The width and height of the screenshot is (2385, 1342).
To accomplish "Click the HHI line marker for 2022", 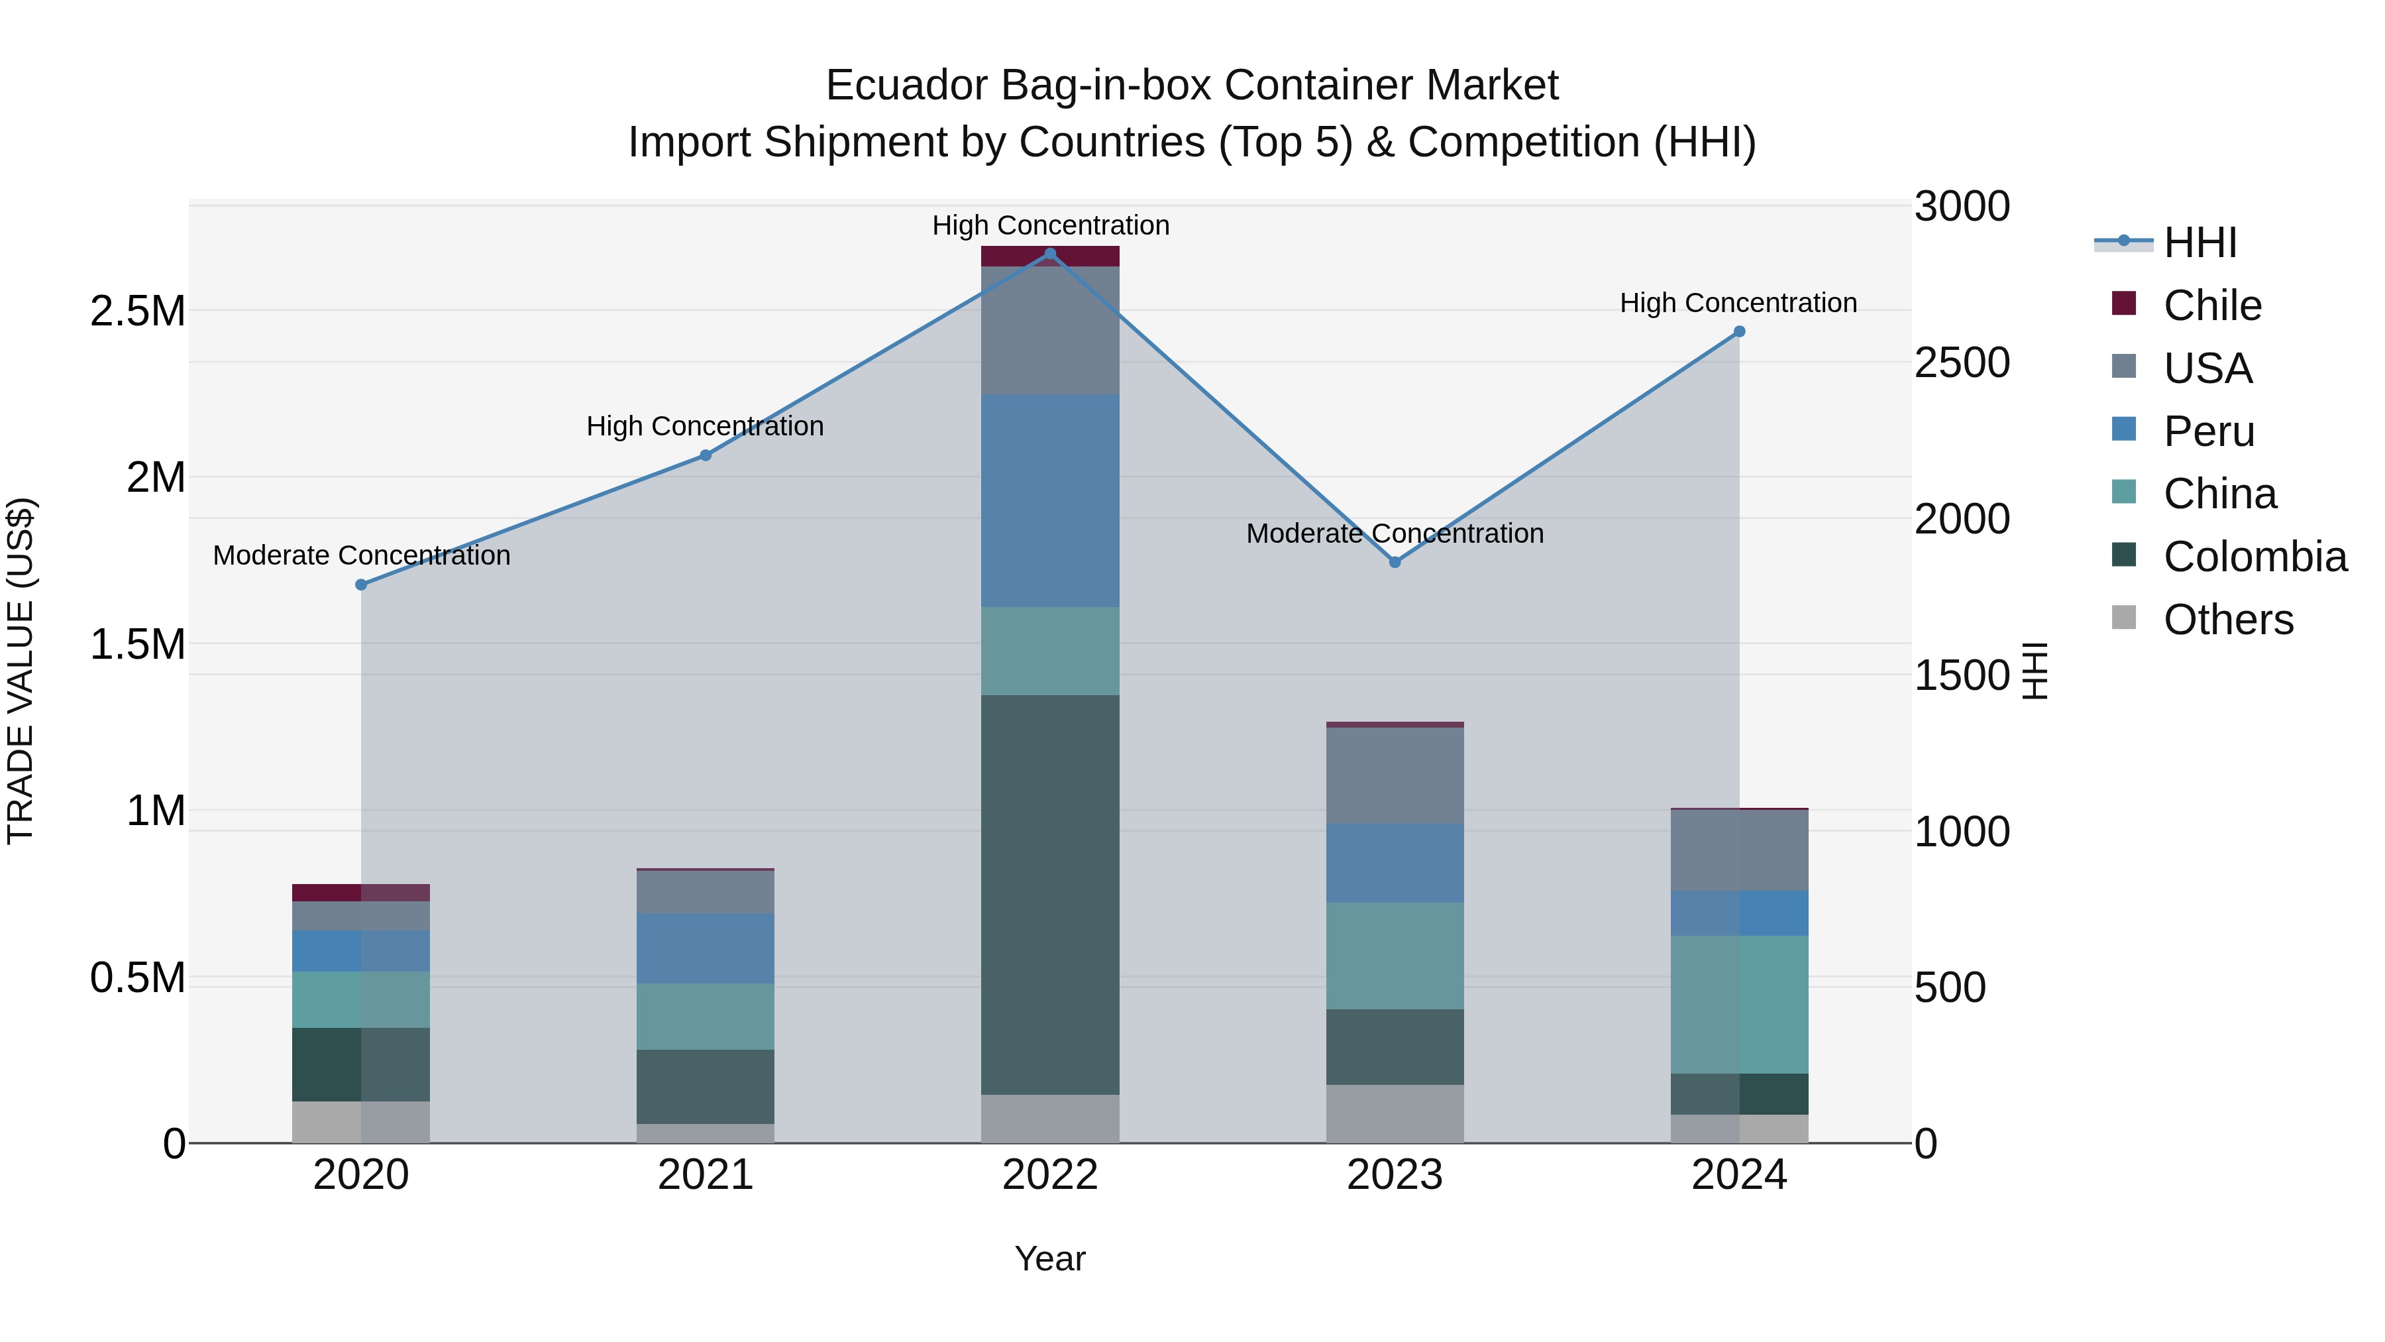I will coord(1050,254).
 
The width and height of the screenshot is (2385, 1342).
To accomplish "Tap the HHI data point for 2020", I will coord(361,585).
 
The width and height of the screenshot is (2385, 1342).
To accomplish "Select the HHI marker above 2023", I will coord(1395,562).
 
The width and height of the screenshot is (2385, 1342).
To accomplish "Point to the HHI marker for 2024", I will coord(1739,331).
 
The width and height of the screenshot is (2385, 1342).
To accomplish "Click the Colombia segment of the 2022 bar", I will coord(1050,894).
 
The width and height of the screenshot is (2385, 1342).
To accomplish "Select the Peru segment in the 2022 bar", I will coord(1050,500).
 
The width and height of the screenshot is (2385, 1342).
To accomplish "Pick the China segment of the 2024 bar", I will coord(1739,1004).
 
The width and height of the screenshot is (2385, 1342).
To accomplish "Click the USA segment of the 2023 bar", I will coord(1395,775).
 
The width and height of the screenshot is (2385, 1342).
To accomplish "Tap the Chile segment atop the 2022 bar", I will coord(1050,256).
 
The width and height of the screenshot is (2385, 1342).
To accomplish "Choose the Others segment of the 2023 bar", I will coord(1395,1113).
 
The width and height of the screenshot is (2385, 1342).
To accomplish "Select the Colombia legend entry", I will coord(2254,557).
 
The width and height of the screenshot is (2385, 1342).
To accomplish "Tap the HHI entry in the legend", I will coord(2199,243).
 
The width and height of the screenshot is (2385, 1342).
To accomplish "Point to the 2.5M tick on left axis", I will coord(138,311).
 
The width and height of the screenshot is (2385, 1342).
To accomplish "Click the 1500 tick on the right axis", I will coord(1961,675).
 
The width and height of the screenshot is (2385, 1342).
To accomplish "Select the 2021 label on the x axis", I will coord(706,1174).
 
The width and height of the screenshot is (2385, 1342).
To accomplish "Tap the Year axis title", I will coord(1050,1258).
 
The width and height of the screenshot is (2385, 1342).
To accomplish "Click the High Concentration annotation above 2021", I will coord(705,426).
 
